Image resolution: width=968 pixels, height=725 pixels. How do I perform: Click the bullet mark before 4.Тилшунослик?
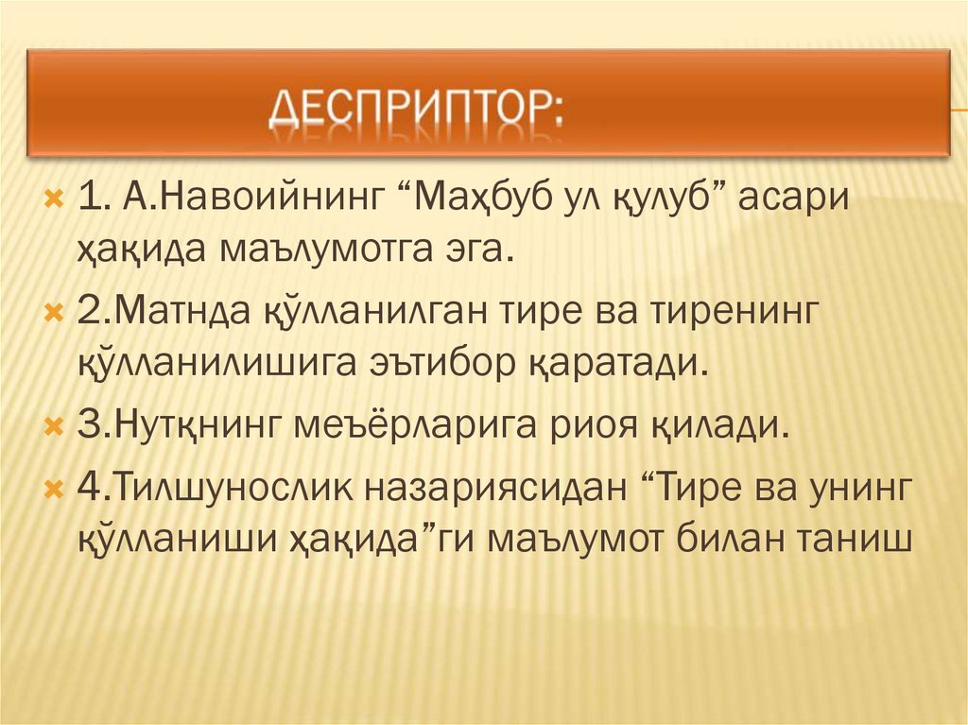pyautogui.click(x=54, y=488)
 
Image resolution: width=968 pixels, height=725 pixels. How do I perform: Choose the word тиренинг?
pyautogui.click(x=734, y=312)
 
